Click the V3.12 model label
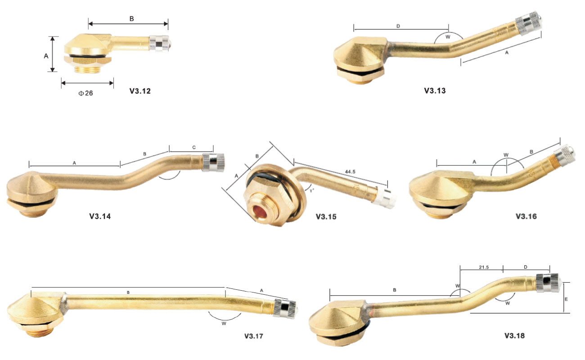[140, 91]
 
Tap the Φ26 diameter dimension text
[85, 93]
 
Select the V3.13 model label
[435, 90]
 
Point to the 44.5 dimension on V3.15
[350, 171]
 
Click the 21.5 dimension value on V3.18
[484, 267]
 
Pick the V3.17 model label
[254, 336]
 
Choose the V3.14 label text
[100, 216]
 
